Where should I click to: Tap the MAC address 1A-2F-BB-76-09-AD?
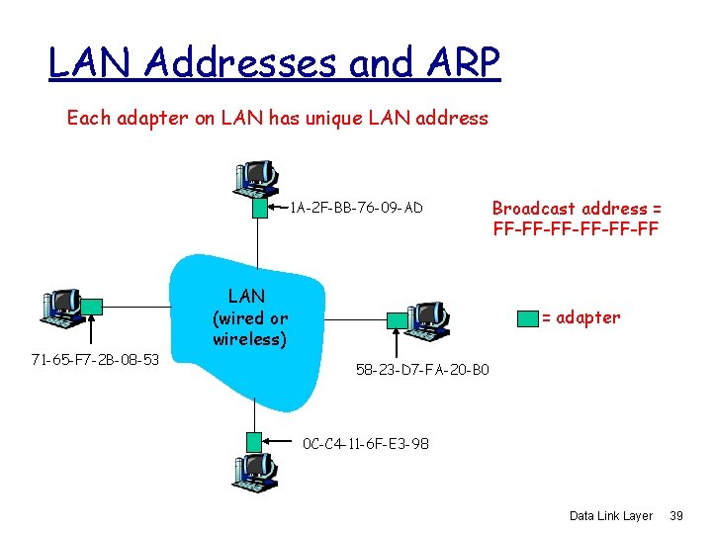[x=356, y=208]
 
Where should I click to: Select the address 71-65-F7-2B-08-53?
[x=94, y=358]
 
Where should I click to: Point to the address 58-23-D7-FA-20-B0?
[x=421, y=371]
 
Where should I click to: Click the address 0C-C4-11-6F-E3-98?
[x=366, y=443]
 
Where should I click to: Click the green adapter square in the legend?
[x=526, y=317]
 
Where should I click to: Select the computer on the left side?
[x=62, y=309]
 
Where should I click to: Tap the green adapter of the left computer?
[x=92, y=307]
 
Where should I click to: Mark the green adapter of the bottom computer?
[x=255, y=441]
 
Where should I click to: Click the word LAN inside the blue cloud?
[x=246, y=295]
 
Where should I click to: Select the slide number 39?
[x=677, y=516]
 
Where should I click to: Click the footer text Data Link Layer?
[x=611, y=516]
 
